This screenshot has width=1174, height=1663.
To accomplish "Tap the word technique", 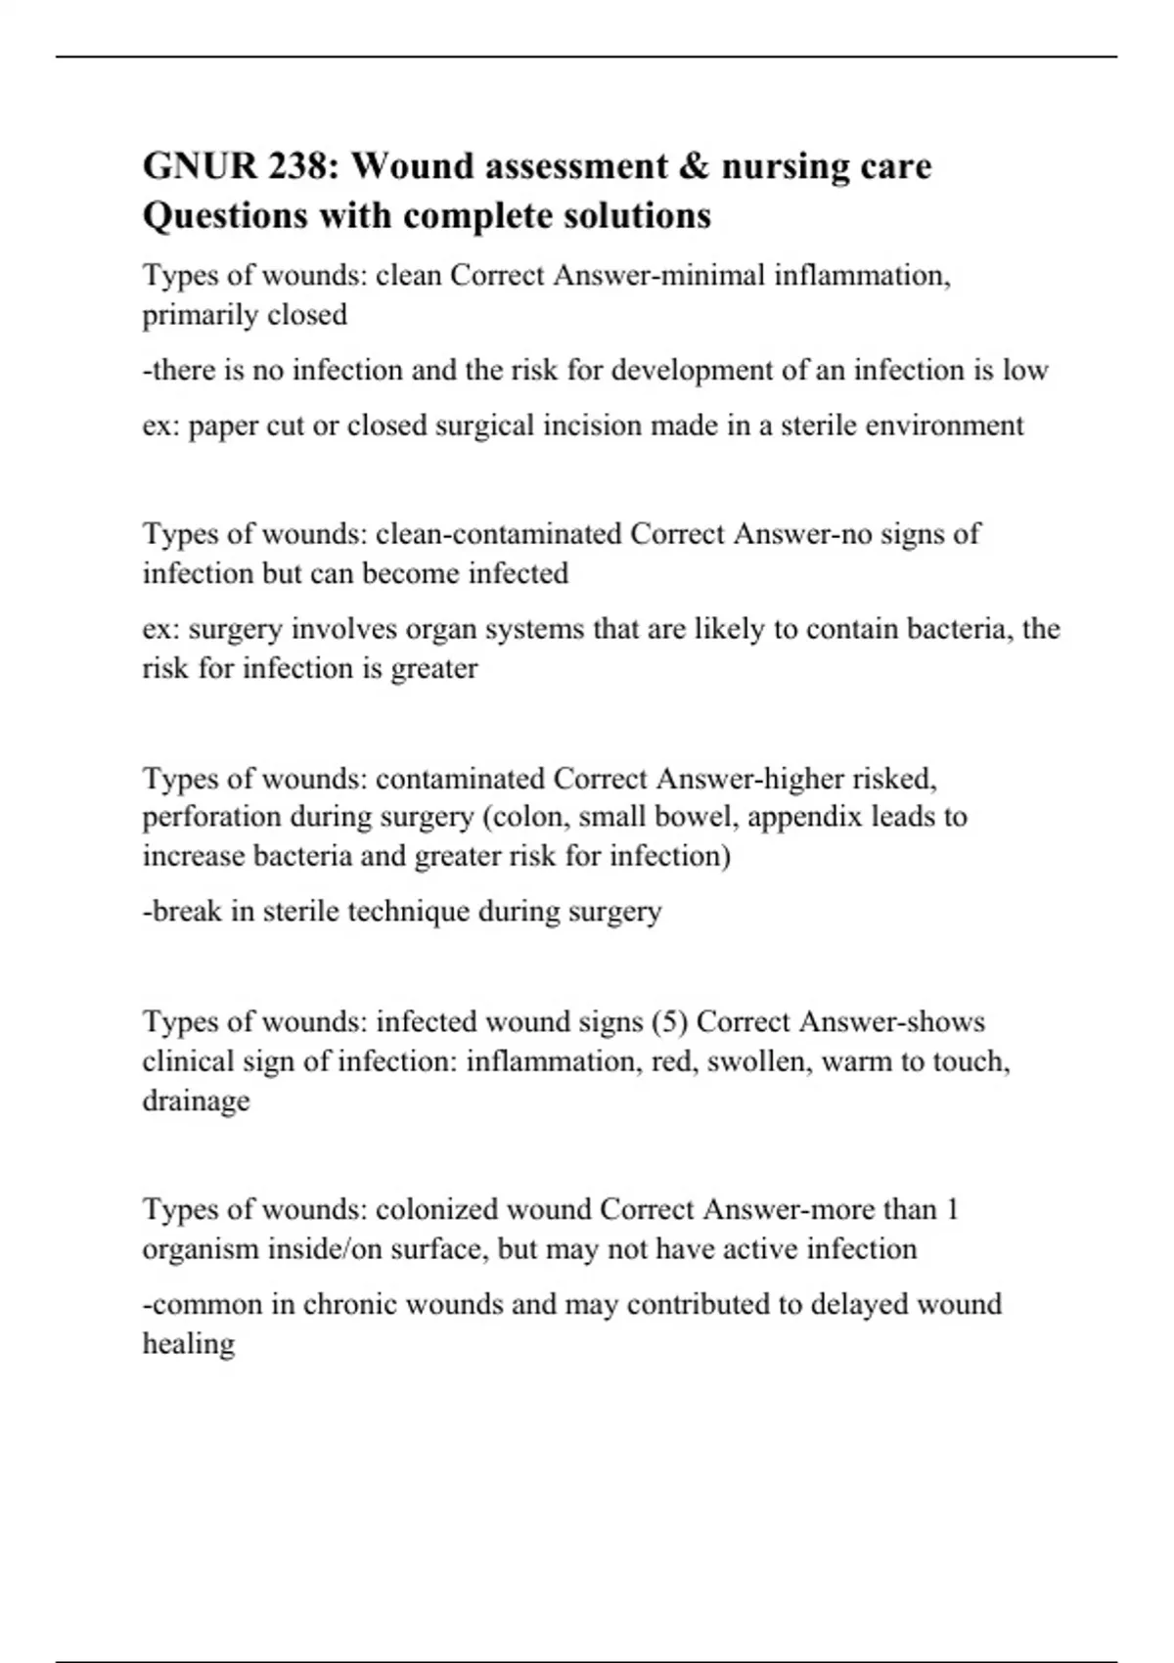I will click(408, 912).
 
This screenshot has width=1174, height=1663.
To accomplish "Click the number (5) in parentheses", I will click(669, 1022).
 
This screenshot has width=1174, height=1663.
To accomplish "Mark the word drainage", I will click(196, 1101).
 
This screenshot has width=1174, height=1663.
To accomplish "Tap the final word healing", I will click(189, 1344).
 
